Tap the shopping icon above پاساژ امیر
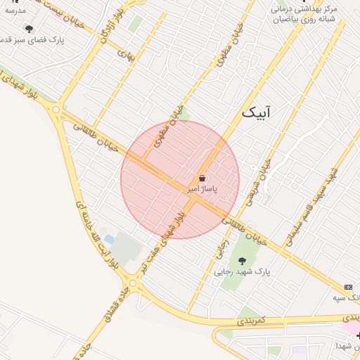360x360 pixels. tap(202, 179)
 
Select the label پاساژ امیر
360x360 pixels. tap(202, 190)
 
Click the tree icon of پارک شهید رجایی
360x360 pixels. tap(242, 261)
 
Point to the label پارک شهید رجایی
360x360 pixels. tap(243, 271)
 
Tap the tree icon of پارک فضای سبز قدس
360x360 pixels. tap(28, 29)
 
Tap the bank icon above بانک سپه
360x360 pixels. tap(349, 288)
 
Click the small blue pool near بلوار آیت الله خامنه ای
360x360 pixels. tap(109, 239)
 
